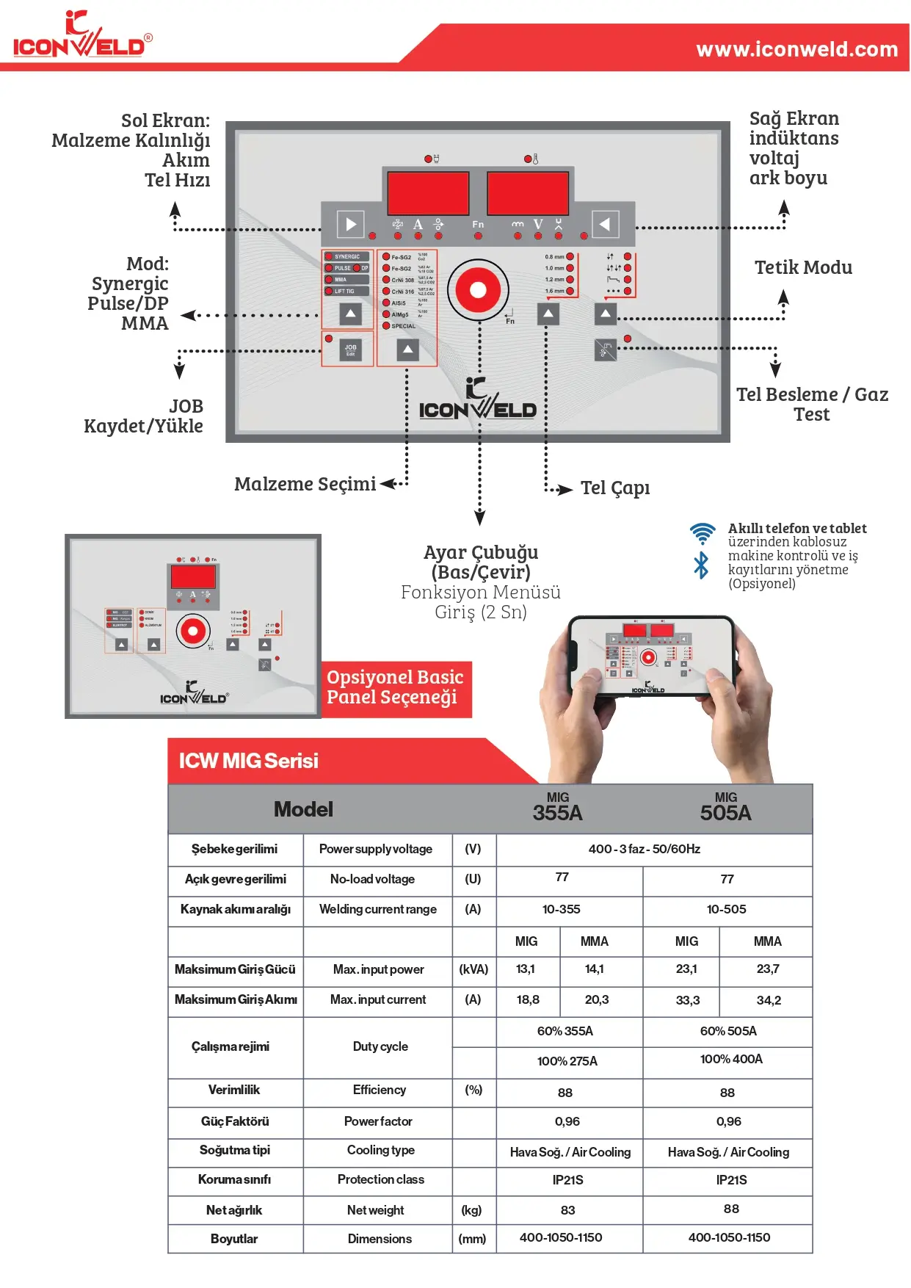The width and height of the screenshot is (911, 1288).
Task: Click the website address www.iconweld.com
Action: click(x=796, y=49)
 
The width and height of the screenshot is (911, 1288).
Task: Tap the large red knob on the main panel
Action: click(x=478, y=290)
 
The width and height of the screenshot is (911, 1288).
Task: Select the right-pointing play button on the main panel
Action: click(x=350, y=225)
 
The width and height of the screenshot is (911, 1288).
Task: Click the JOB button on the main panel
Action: click(x=350, y=350)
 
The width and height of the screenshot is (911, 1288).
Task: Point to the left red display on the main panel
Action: click(x=427, y=193)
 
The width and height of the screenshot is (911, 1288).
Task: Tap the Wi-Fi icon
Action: click(x=702, y=532)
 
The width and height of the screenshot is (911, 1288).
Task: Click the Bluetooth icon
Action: click(x=701, y=565)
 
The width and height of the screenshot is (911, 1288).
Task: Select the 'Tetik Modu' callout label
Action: click(x=803, y=268)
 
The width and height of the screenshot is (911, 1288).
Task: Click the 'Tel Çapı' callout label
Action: click(x=615, y=488)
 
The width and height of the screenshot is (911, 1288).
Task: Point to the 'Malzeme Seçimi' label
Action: click(x=305, y=485)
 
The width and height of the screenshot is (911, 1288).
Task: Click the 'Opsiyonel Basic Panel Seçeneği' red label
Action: click(x=395, y=688)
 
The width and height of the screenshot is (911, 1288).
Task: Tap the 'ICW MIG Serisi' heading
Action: click(x=248, y=761)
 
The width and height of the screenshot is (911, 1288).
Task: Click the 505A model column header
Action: click(x=725, y=808)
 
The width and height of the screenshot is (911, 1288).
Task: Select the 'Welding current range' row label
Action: click(x=377, y=909)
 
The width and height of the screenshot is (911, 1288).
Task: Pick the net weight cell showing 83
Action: click(x=567, y=1210)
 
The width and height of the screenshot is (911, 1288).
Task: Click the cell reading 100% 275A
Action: click(x=567, y=1061)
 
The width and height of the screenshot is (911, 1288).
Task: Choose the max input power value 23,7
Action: click(x=767, y=969)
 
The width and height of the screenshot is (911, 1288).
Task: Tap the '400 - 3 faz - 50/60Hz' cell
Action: click(x=644, y=850)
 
